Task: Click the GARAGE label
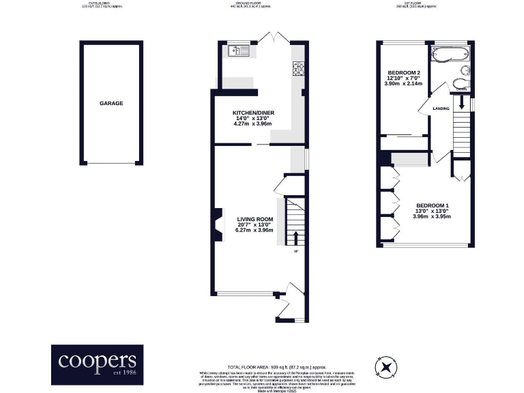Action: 111,103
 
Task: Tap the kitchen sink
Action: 239,50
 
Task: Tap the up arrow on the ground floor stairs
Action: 295,238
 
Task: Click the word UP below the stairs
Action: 295,252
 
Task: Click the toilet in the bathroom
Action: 461,84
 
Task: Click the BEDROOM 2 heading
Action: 404,72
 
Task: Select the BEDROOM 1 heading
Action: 433,205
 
